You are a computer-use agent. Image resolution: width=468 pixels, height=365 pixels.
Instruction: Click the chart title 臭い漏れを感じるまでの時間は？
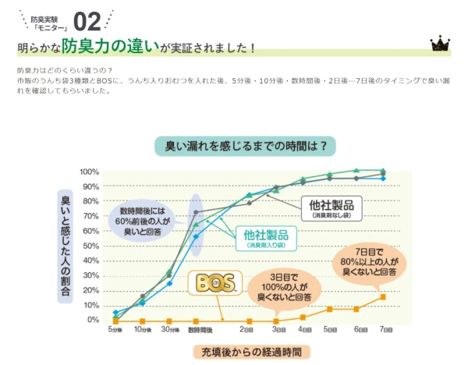click(235, 145)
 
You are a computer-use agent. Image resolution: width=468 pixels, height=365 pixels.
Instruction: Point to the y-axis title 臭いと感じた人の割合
click(66, 245)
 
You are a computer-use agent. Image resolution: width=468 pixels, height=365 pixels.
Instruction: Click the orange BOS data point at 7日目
click(382, 296)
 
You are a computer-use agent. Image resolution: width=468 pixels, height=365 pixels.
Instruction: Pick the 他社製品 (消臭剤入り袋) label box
click(266, 237)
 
